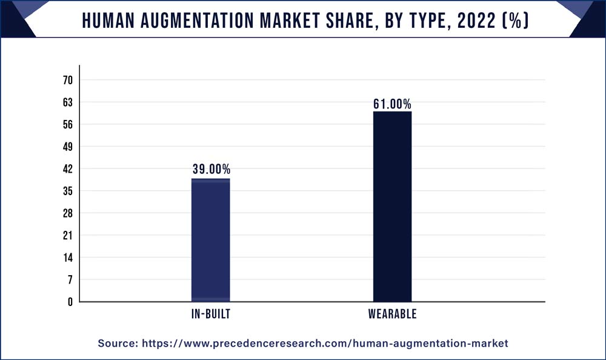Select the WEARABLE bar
pos(392,207)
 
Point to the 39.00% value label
pos(211,170)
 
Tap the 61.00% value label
pos(392,104)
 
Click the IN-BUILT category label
pos(210,315)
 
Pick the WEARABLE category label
pos(392,315)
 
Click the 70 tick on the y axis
pos(68,81)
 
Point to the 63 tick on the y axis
pos(68,102)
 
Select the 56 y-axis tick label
pos(68,125)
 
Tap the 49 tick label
pos(68,147)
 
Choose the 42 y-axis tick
pos(68,169)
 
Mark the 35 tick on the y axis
pos(68,191)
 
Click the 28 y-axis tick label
pos(68,213)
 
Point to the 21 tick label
pos(68,235)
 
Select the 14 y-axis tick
pos(68,258)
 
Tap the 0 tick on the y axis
pos(70,302)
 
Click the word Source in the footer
pos(117,344)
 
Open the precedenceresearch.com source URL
pos(325,344)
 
